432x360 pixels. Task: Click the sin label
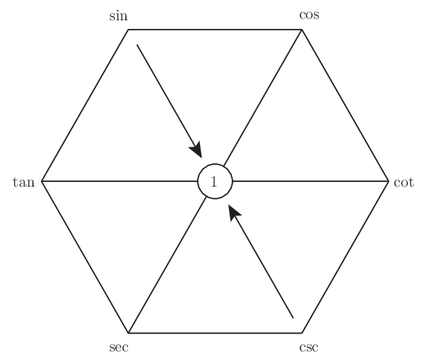[x=119, y=16]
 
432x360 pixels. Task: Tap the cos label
[x=309, y=15]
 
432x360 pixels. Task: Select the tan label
[x=23, y=182]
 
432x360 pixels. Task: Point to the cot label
[x=404, y=182]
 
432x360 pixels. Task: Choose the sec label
[x=119, y=348]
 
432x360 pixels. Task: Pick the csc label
[x=309, y=348]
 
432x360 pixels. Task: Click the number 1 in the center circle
[x=214, y=182]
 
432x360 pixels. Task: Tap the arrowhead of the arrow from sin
[x=197, y=150]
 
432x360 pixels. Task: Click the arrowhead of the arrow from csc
[x=234, y=212]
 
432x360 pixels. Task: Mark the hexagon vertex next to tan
[x=41, y=181]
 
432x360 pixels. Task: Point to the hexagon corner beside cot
[x=388, y=181]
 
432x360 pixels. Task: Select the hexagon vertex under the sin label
[x=128, y=30]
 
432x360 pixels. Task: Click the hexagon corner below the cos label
[x=302, y=30]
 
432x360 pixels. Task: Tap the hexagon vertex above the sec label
[x=129, y=333]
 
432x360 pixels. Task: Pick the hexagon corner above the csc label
[x=302, y=333]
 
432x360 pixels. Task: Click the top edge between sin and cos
[x=215, y=30]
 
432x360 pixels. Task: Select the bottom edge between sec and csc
[x=215, y=333]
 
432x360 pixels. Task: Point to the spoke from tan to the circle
[x=120, y=181]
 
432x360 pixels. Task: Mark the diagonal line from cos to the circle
[x=262, y=98]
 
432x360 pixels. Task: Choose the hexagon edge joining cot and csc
[x=345, y=257]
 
